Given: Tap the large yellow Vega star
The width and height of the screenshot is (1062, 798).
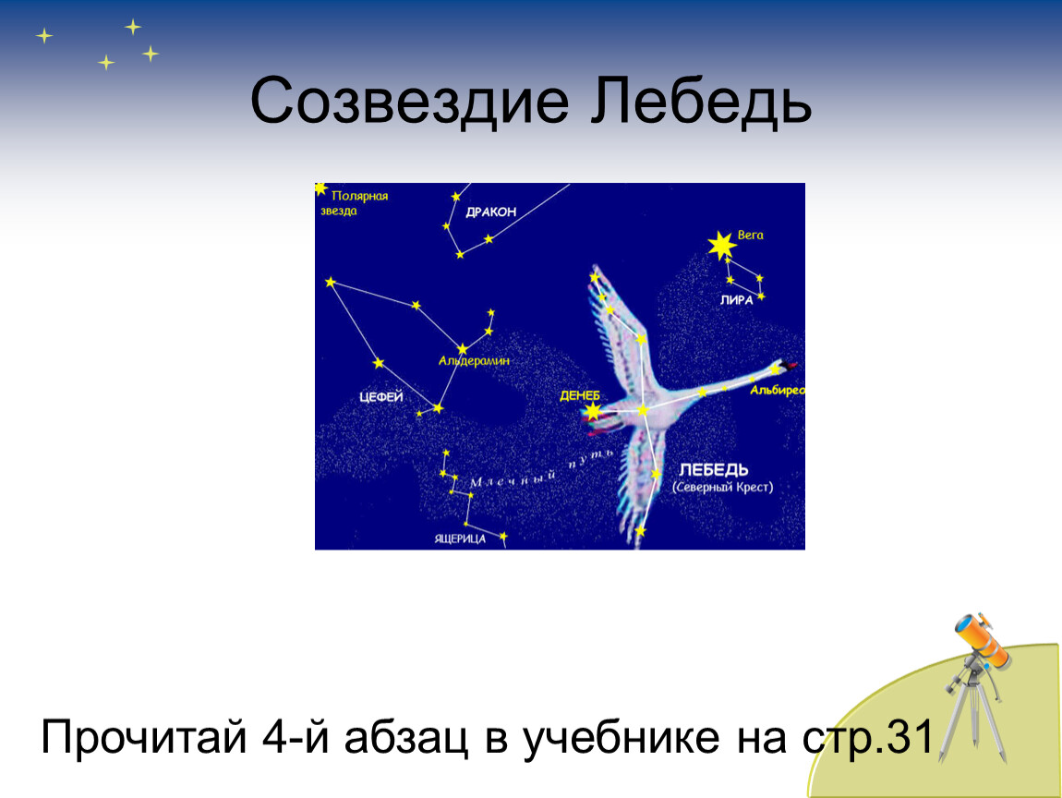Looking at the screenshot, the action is coord(721,246).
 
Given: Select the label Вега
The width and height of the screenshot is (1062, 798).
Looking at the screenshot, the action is coord(751,236).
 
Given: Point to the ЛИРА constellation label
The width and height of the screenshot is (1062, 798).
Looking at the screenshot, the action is coord(737,300).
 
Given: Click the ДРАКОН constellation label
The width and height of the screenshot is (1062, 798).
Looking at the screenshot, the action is coord(491,212).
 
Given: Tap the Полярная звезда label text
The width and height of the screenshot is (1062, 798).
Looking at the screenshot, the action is coord(355,203).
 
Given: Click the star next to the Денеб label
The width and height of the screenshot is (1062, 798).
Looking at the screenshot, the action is coord(593,410).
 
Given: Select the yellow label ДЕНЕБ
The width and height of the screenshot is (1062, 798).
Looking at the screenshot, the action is coord(580,395).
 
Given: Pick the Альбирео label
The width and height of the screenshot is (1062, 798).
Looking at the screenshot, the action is coord(777,390).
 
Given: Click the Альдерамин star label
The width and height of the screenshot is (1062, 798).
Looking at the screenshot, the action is coord(474,361).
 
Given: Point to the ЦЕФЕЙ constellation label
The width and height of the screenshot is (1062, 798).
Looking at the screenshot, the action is coord(381,396).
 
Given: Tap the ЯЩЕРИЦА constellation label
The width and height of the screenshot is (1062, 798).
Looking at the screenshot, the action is coord(460,538).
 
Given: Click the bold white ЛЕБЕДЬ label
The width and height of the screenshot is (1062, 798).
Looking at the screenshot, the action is coord(714,469).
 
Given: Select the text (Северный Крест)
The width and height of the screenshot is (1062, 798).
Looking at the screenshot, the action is coord(723,487).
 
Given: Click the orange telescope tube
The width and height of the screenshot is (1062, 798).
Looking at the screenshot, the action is coord(982,638).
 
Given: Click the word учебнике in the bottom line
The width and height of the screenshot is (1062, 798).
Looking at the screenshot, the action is coord(621,737).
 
